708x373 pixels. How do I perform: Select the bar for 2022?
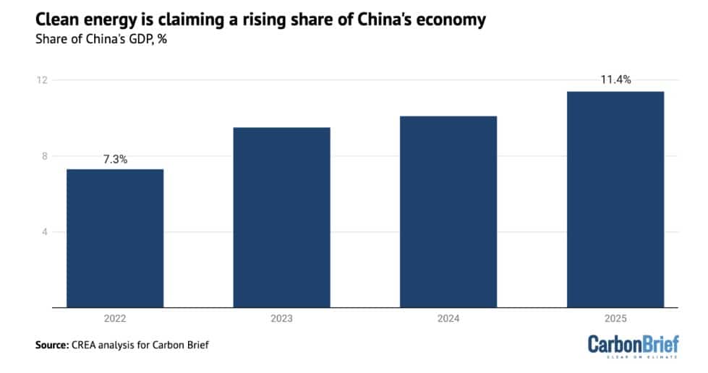[115, 239]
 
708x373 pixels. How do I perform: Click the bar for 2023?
[281, 218]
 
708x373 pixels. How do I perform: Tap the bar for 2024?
[448, 212]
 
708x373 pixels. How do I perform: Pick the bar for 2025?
[615, 200]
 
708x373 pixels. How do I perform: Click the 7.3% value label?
[115, 159]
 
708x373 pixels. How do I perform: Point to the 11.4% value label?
[615, 80]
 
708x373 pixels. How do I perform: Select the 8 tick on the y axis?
[45, 156]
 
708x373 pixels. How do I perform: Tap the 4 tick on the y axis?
[45, 232]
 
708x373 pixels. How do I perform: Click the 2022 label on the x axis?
[115, 318]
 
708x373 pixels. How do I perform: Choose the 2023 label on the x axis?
[281, 318]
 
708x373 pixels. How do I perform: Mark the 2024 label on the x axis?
[448, 318]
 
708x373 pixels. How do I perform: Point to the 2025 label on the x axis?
[615, 318]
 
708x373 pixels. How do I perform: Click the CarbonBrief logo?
[633, 345]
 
